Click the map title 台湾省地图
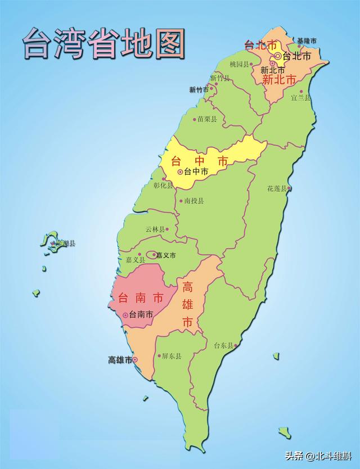tap(103, 43)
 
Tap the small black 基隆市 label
tap(307, 40)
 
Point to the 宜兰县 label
tap(300, 97)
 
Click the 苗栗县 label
tap(207, 119)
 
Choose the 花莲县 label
tap(277, 188)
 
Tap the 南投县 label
tap(194, 200)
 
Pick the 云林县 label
tap(155, 229)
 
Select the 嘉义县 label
tap(135, 260)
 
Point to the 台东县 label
tap(223, 346)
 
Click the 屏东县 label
tap(171, 356)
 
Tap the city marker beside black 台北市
tap(278, 56)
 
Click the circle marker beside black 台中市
tap(180, 172)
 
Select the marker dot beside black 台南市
tap(125, 315)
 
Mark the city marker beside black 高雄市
tap(134, 360)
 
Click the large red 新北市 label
tap(279, 80)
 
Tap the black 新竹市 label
tap(199, 89)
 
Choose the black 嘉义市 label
tap(165, 255)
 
